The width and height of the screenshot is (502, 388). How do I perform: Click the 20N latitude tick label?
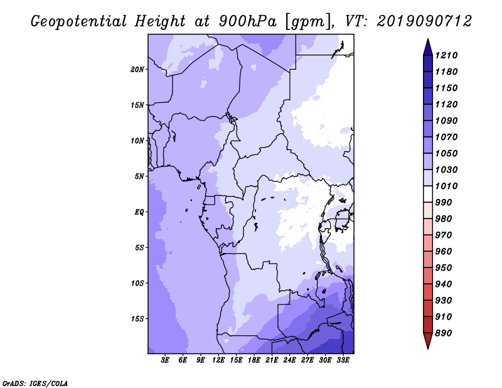137,70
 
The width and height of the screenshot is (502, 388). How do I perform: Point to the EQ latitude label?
139,212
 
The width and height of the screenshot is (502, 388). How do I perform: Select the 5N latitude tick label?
139,176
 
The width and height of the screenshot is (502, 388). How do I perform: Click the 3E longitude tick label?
165,360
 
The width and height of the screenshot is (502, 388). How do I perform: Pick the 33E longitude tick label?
343,360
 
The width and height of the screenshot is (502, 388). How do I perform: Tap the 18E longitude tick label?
254,360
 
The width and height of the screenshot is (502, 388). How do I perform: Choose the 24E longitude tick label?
289,360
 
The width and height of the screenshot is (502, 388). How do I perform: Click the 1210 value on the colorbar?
446,55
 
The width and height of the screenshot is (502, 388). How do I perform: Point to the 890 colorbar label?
444,333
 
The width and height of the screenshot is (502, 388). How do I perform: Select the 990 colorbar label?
444,203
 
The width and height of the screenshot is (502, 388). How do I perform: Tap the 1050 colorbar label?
446,153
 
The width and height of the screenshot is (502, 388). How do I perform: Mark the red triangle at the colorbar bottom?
428,340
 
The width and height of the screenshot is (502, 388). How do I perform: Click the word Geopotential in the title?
78,22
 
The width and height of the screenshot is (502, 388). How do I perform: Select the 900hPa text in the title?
247,21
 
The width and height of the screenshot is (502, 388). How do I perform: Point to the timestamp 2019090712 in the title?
424,21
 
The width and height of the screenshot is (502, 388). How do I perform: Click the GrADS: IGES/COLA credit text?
35,384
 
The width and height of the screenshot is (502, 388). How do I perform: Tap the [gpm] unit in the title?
307,22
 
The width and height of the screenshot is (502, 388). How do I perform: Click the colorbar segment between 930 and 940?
428,292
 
